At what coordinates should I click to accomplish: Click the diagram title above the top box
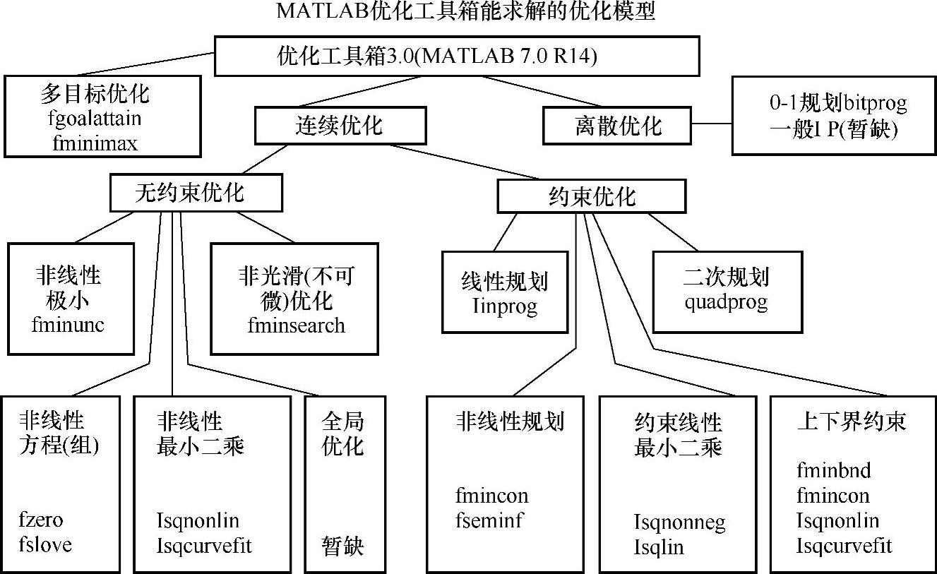pyautogui.click(x=466, y=11)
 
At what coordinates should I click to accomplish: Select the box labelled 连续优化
pyautogui.click(x=340, y=126)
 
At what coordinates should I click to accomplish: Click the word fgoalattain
pyautogui.click(x=96, y=119)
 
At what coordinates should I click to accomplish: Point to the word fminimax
pyautogui.click(x=95, y=143)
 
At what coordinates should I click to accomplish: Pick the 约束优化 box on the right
pyautogui.click(x=592, y=196)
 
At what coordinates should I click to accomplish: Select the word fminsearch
pyautogui.click(x=297, y=325)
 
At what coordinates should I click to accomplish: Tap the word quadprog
pyautogui.click(x=725, y=302)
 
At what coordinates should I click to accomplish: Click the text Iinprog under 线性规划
pyautogui.click(x=504, y=306)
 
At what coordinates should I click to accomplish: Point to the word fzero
pyautogui.click(x=42, y=521)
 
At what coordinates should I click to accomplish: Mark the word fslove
pyautogui.click(x=45, y=545)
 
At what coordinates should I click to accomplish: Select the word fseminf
pyautogui.click(x=489, y=521)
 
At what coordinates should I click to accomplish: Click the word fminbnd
pyautogui.click(x=834, y=470)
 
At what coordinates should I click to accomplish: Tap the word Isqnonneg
pyautogui.click(x=679, y=522)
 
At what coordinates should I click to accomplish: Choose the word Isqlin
pyautogui.click(x=659, y=547)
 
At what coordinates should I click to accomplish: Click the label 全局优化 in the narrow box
pyautogui.click(x=342, y=434)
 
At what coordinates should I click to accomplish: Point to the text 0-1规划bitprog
pyautogui.click(x=838, y=104)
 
